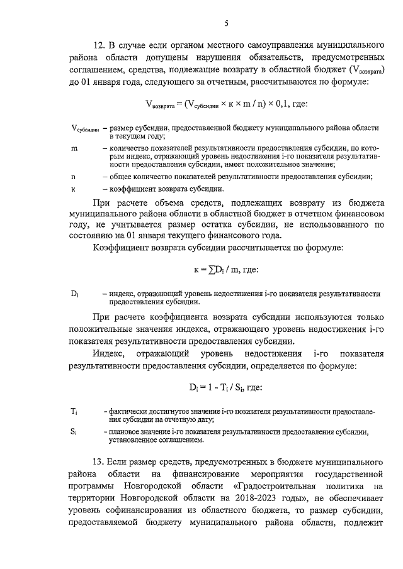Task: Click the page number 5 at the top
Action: click(x=225, y=23)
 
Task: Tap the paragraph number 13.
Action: click(x=100, y=463)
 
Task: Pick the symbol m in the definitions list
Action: click(x=74, y=148)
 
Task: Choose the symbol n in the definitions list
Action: click(x=73, y=177)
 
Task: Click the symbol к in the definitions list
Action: click(x=73, y=189)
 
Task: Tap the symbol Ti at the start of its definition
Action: click(x=74, y=411)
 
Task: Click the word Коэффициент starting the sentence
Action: click(x=123, y=248)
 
